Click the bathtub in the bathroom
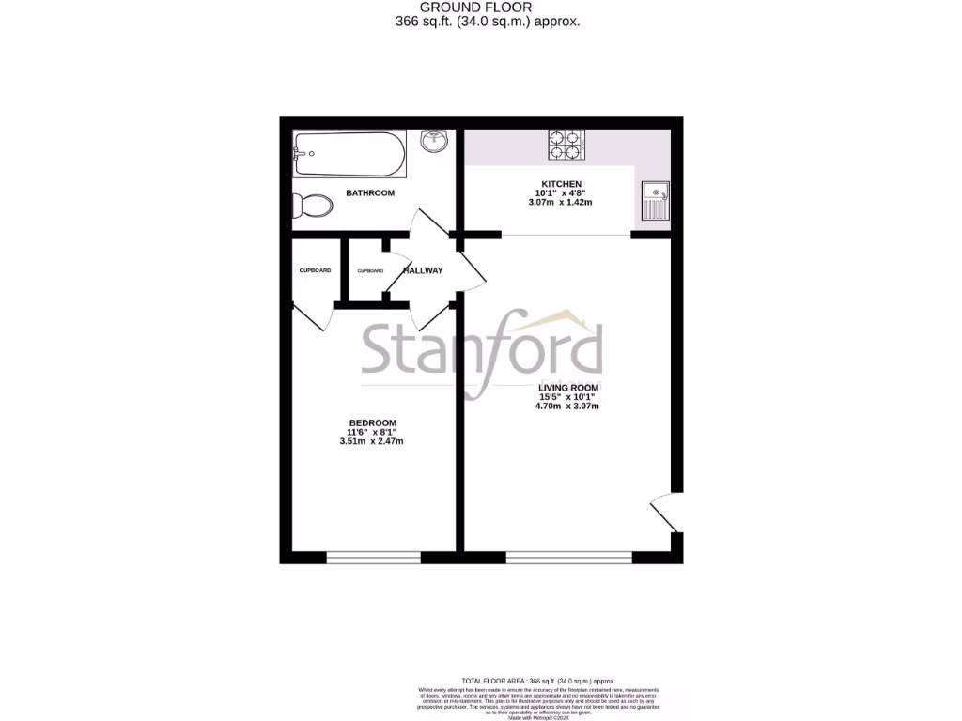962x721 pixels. pos(349,154)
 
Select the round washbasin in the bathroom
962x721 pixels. pos(434,143)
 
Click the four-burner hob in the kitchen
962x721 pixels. pos(566,145)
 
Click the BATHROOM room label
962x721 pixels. pos(370,192)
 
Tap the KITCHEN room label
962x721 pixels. pos(561,184)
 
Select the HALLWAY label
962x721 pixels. pos(423,270)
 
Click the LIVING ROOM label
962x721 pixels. pos(567,387)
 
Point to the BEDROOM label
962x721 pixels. pos(373,422)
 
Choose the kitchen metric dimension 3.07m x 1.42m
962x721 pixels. pos(561,203)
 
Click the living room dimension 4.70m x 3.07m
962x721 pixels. pos(567,407)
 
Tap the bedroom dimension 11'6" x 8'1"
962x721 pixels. pos(373,432)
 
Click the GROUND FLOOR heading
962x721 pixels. pos(481,7)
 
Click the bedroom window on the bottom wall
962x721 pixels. pos(373,558)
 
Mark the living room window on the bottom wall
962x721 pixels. pos(568,558)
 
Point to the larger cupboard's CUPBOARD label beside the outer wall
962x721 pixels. pos(315,270)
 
